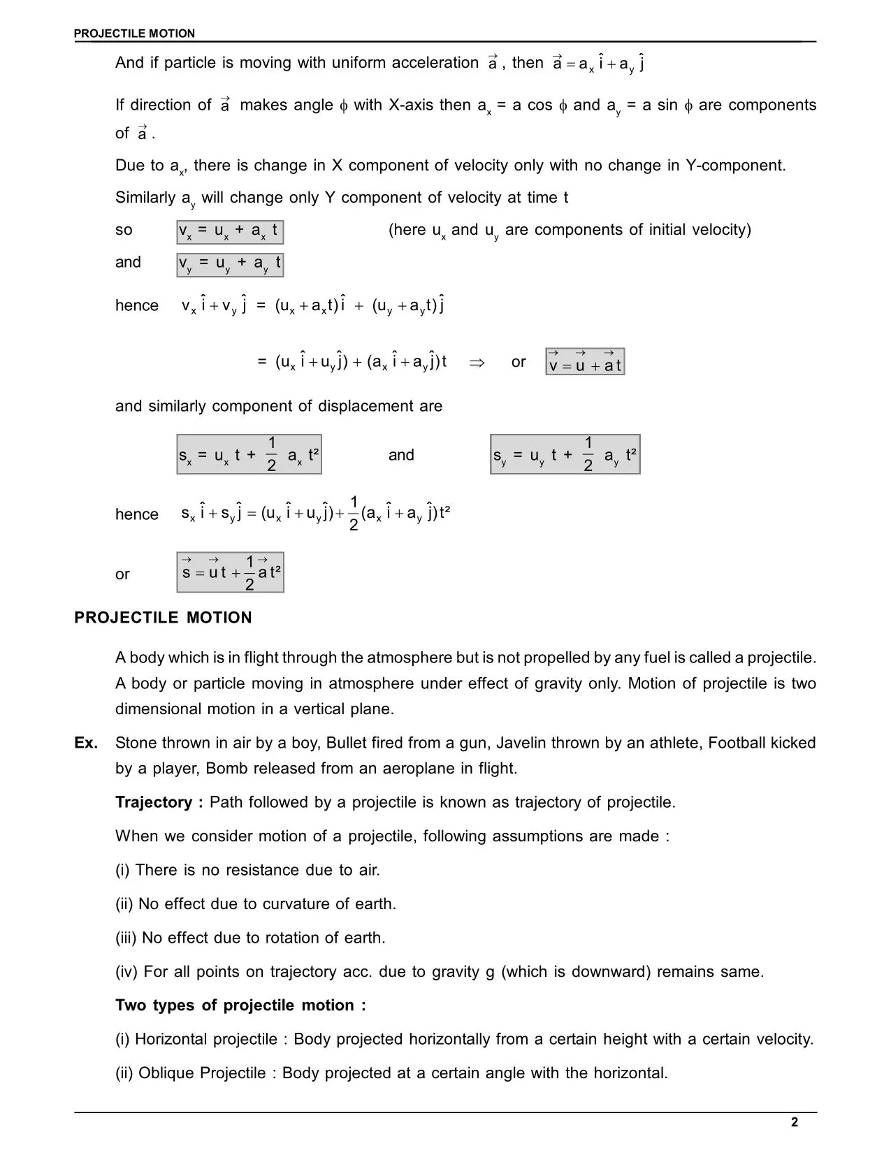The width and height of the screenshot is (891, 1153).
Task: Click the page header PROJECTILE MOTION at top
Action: click(134, 34)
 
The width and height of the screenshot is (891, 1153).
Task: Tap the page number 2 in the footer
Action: click(795, 1123)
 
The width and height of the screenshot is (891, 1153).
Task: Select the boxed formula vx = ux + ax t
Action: click(230, 231)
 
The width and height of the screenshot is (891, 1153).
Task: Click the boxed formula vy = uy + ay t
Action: click(230, 264)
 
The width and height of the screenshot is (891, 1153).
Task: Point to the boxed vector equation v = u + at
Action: click(585, 362)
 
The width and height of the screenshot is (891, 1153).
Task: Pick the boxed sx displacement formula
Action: click(249, 455)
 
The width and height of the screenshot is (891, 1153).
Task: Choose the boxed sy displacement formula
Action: click(565, 455)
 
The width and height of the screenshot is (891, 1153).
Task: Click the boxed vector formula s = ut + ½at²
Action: click(230, 573)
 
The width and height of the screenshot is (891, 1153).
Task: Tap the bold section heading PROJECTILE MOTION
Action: click(163, 618)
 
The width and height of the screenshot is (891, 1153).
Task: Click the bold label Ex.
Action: click(86, 743)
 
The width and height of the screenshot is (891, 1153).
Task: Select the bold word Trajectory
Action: click(154, 802)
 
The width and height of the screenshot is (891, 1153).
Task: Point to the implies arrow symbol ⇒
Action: click(477, 363)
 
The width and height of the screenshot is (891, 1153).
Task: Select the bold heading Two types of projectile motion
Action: click(240, 1006)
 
